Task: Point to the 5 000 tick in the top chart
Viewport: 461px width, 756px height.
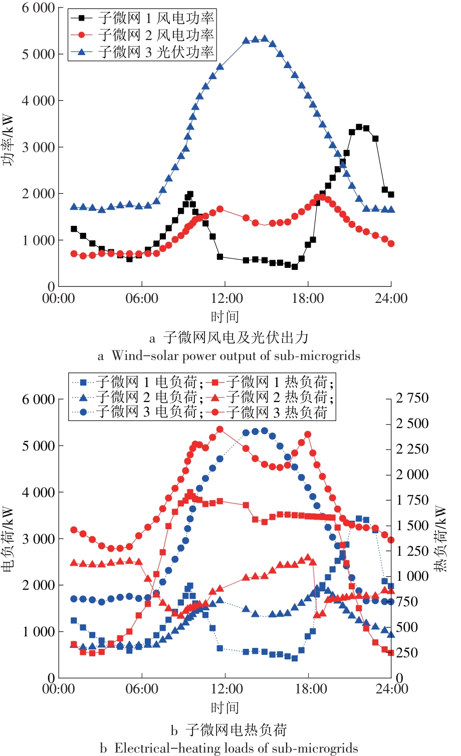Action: click(x=38, y=54)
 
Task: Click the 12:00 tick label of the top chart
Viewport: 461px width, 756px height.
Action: click(x=226, y=299)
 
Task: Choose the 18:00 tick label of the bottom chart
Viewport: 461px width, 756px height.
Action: click(x=311, y=689)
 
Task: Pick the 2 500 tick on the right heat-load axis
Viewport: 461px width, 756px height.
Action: click(x=412, y=424)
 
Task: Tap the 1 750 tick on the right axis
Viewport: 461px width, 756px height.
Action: click(x=412, y=500)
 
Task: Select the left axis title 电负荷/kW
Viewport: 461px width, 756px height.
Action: click(x=9, y=539)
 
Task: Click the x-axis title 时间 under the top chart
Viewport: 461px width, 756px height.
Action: click(x=225, y=316)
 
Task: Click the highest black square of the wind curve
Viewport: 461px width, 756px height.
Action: click(x=359, y=127)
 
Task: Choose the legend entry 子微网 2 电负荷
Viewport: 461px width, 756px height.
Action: click(x=145, y=397)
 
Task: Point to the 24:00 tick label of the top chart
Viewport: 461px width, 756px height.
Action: click(x=391, y=299)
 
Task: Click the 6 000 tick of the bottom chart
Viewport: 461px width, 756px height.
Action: click(x=38, y=400)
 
